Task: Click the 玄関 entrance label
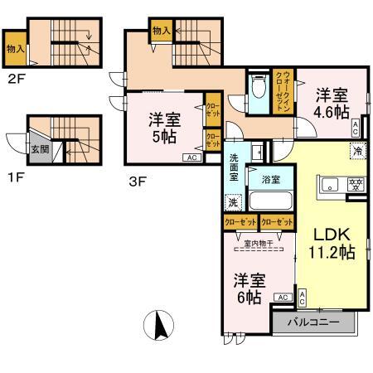click(39, 150)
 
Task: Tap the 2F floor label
click(16, 80)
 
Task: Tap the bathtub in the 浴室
click(270, 201)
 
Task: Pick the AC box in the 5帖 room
click(190, 157)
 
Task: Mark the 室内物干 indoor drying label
click(261, 243)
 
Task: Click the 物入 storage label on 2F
click(15, 49)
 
